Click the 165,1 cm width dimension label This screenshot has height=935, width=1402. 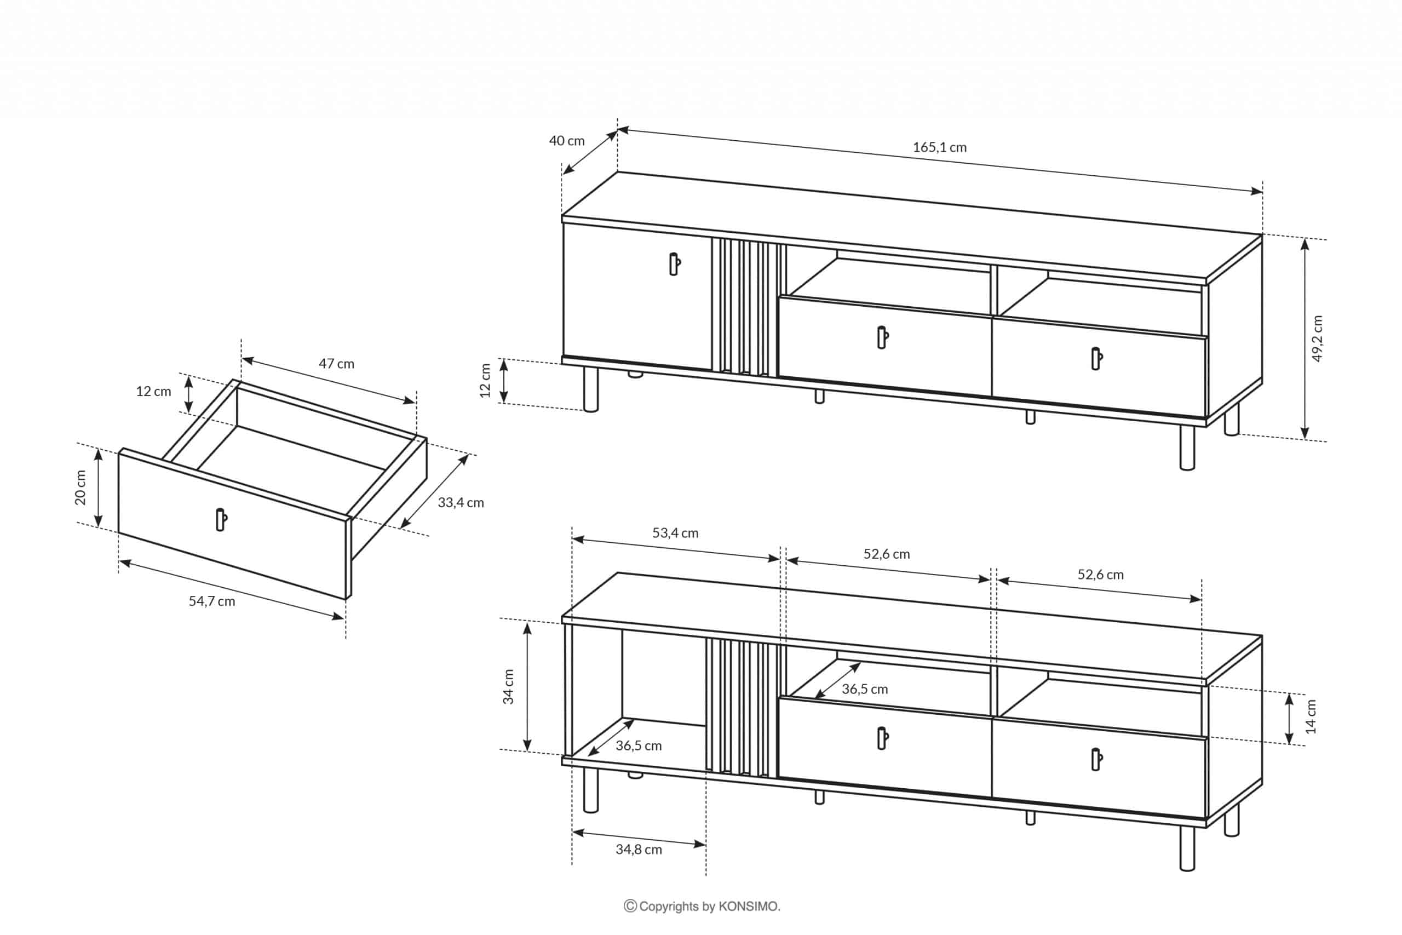click(939, 147)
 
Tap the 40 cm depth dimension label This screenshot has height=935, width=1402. click(566, 141)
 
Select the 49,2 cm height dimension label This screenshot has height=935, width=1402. click(1317, 338)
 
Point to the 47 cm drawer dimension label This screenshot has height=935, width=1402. click(336, 363)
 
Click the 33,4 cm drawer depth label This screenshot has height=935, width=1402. click(461, 503)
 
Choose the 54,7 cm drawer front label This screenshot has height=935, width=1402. click(211, 601)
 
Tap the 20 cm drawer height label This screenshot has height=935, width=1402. click(81, 488)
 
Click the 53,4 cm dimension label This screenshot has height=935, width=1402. click(675, 533)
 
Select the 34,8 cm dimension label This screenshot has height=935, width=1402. click(639, 849)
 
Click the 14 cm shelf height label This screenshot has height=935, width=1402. click(1310, 715)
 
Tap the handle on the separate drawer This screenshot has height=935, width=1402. click(221, 519)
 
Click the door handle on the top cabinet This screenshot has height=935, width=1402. click(675, 263)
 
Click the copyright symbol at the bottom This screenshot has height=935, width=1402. click(630, 907)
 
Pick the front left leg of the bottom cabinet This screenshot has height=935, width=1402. click(590, 790)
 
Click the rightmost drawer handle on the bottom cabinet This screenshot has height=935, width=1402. click(1097, 760)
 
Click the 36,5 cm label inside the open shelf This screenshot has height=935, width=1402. click(864, 689)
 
